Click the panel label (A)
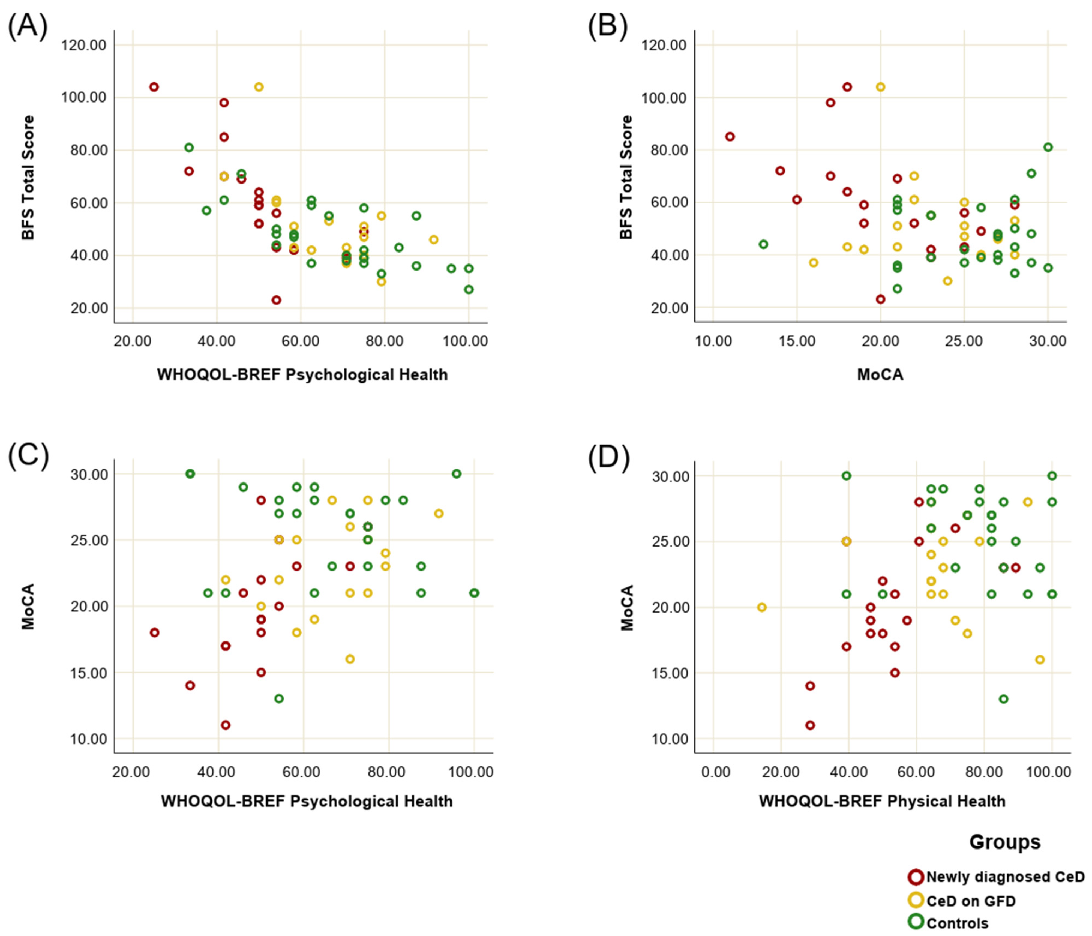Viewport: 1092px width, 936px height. pos(27,26)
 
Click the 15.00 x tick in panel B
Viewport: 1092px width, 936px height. pos(797,341)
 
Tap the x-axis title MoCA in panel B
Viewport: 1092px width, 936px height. pos(880,375)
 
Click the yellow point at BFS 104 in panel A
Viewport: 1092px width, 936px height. pos(259,87)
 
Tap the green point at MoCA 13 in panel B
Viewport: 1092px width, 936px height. pos(763,244)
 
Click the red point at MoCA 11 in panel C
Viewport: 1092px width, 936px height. pos(226,725)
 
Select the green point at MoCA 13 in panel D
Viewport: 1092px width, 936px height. pos(1003,699)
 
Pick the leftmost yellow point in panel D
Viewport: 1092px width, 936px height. pos(761,607)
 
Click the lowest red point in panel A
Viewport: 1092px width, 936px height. pos(276,300)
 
